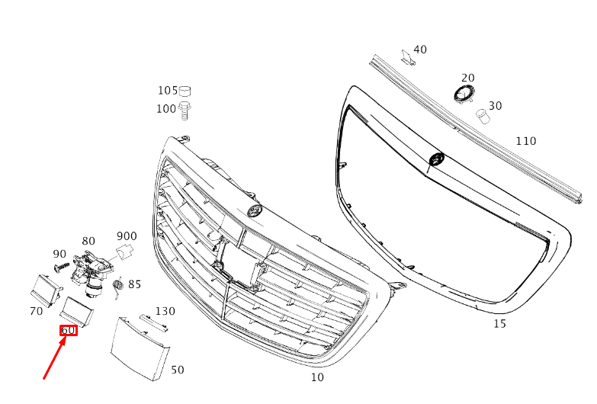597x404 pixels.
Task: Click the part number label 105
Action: point(167,91)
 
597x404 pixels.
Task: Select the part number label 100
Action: point(166,109)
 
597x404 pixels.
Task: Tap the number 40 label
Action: point(419,50)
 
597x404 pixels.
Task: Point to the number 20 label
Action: point(467,78)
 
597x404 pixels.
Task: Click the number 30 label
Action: point(495,106)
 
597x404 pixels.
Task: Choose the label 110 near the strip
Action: point(525,141)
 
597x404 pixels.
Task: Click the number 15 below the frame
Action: point(499,324)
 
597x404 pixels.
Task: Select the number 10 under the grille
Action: point(317,377)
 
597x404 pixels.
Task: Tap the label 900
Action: point(127,236)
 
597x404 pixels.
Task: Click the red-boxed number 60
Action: point(69,331)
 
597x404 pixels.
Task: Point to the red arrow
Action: point(56,358)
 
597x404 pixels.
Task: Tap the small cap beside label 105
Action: point(185,91)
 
